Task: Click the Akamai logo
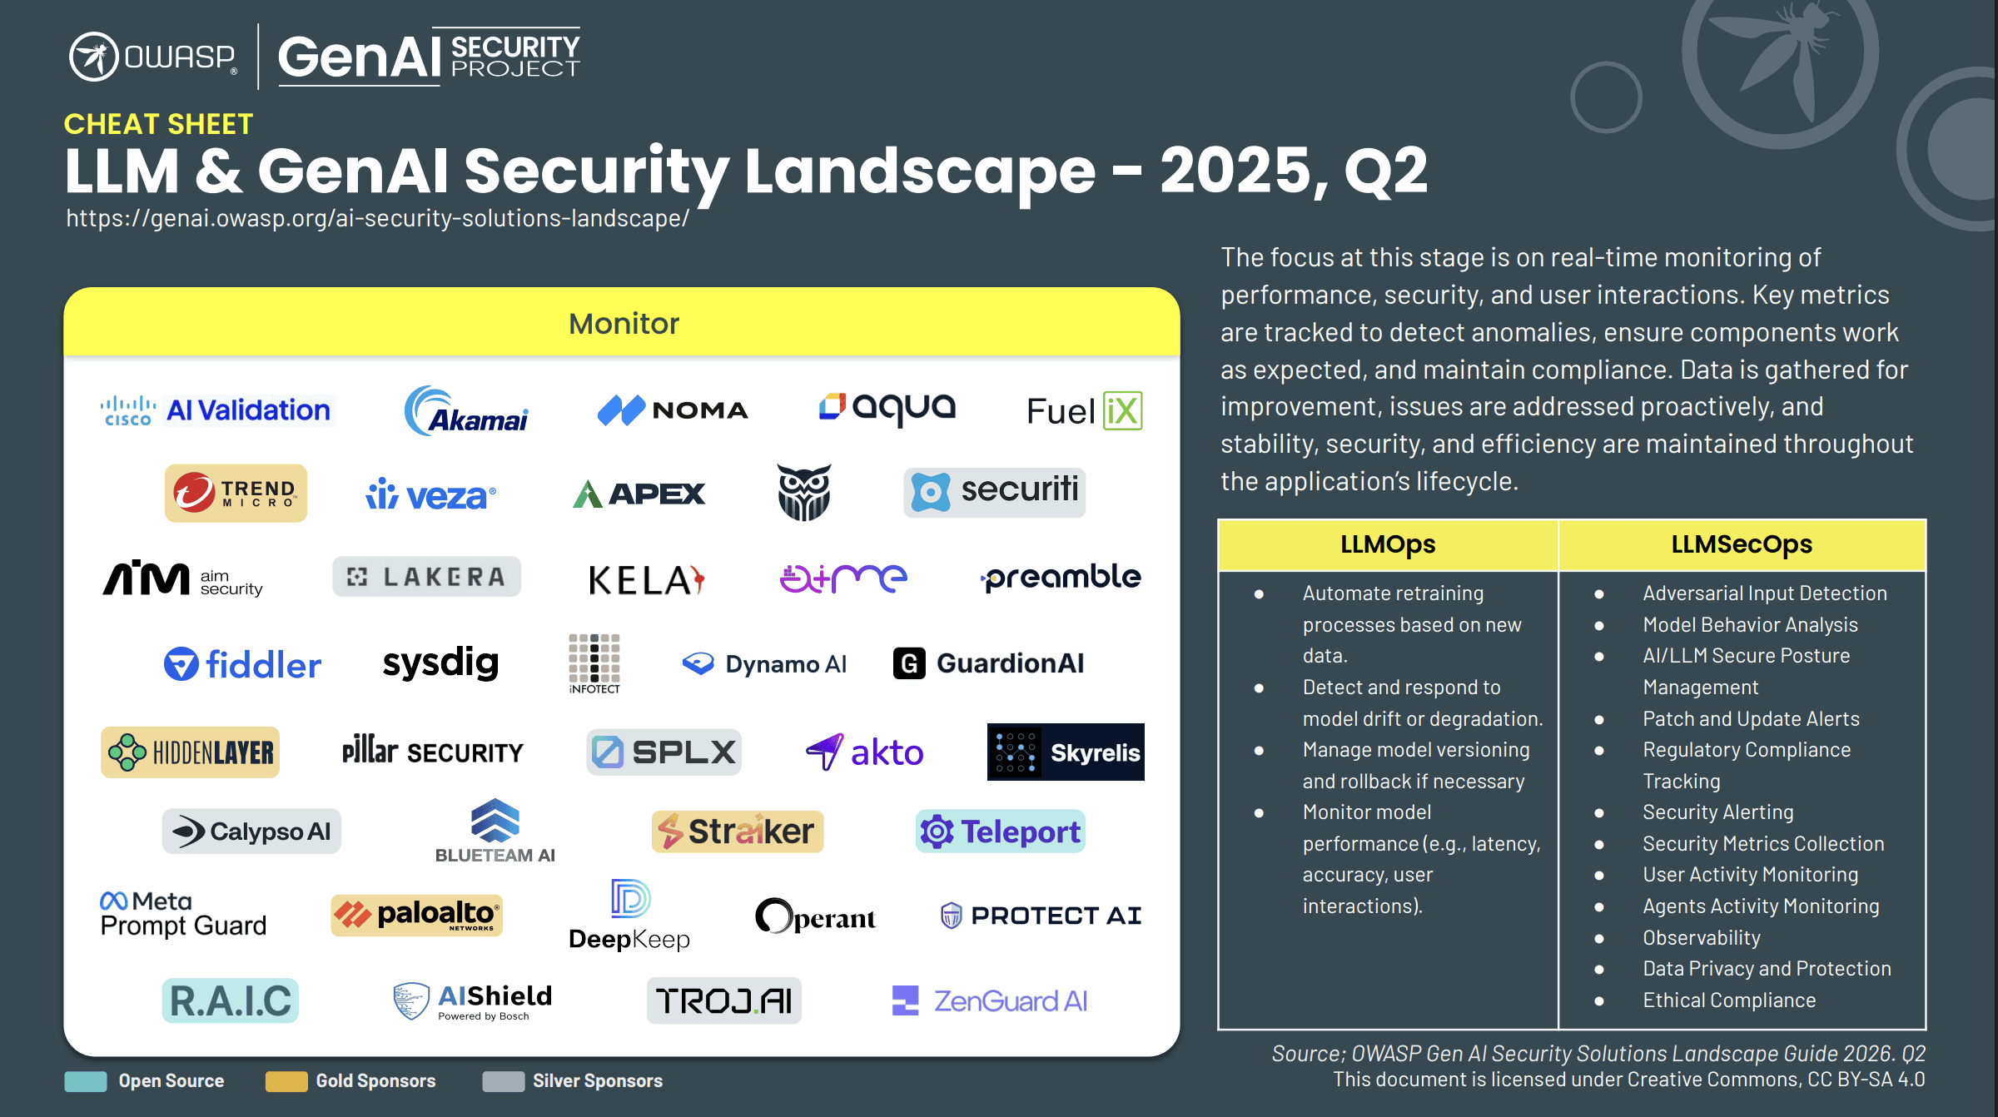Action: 466,411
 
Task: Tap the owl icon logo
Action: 803,492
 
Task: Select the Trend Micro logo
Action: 236,493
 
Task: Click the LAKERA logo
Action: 426,577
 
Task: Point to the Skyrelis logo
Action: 1065,752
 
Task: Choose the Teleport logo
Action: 1000,832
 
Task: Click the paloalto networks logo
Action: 416,915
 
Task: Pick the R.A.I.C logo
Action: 231,1000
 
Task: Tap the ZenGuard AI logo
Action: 989,1000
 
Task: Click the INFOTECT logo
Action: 594,663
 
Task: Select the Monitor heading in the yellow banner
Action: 624,324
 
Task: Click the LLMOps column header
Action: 1387,544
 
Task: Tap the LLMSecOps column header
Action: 1741,544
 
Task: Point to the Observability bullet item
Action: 1701,938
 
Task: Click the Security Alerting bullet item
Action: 1717,812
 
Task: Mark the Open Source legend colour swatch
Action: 86,1081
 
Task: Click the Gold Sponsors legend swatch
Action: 286,1081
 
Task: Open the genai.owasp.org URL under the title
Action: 377,218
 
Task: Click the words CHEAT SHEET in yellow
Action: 158,124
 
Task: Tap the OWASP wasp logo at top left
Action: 93,57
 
